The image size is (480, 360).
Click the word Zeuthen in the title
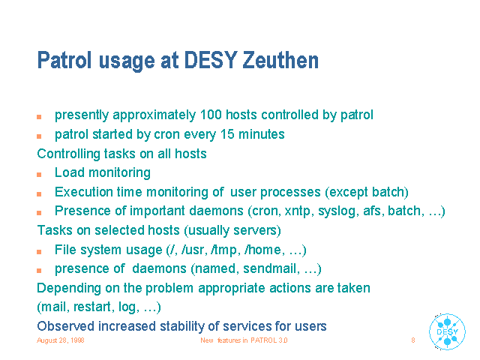(x=280, y=60)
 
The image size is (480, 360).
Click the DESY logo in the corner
(x=447, y=331)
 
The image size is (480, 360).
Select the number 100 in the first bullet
(x=211, y=115)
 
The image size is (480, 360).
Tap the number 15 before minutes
(x=227, y=134)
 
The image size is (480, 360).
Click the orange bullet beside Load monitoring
(x=39, y=175)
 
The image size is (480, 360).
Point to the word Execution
(x=83, y=192)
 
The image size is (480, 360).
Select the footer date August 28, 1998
(x=60, y=340)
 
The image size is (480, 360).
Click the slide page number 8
(x=413, y=340)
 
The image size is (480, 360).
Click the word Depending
(x=69, y=288)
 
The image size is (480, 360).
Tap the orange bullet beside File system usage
(x=39, y=252)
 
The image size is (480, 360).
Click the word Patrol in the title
(x=64, y=60)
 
